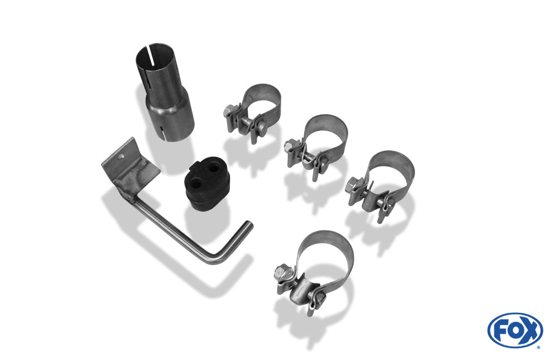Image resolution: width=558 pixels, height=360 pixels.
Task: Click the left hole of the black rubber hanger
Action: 195,183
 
